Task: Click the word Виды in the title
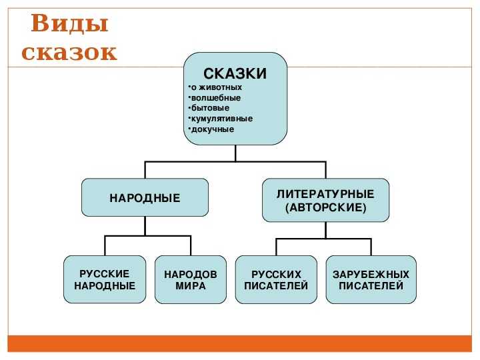click(x=69, y=24)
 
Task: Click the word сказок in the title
click(x=69, y=52)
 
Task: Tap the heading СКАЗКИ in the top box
click(x=235, y=73)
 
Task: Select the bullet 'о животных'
click(x=216, y=87)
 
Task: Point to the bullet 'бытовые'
click(x=210, y=108)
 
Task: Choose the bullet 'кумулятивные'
click(x=221, y=119)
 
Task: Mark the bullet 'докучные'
click(x=213, y=129)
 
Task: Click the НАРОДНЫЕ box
click(x=145, y=198)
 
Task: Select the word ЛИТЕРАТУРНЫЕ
click(x=325, y=194)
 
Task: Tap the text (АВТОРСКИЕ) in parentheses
click(x=325, y=208)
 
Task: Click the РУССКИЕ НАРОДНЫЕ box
click(x=105, y=280)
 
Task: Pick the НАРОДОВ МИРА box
click(x=191, y=280)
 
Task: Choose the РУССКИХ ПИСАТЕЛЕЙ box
click(x=276, y=280)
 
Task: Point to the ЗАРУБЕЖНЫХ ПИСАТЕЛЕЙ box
click(x=371, y=280)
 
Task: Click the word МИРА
click(x=191, y=286)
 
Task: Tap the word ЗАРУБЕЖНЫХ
click(x=371, y=274)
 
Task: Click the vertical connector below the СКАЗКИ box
click(x=235, y=153)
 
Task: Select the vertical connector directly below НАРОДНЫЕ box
click(x=145, y=226)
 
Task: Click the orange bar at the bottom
click(x=240, y=343)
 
